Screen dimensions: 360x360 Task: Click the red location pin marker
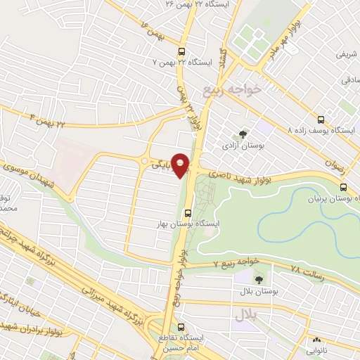(181, 165)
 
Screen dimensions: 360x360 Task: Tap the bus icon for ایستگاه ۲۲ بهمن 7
(182, 51)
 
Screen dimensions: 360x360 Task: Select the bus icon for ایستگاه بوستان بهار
(188, 213)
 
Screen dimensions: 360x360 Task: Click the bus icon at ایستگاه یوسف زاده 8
(321, 120)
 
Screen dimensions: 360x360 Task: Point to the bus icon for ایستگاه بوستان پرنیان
(343, 187)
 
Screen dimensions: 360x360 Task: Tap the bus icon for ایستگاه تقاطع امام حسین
(182, 327)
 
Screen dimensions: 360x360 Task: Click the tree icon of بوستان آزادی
(243, 134)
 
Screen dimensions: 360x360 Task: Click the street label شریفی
(347, 53)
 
